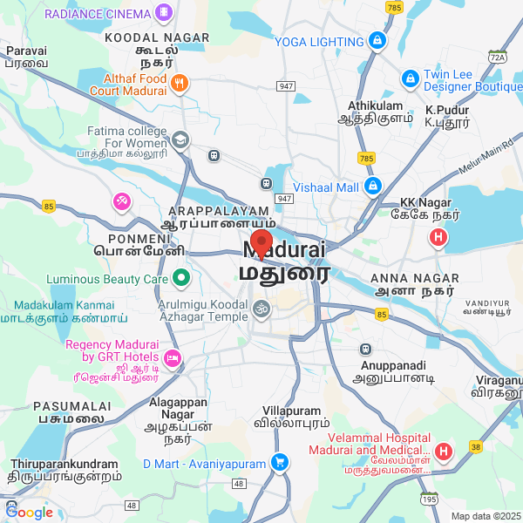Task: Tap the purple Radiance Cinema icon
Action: click(163, 12)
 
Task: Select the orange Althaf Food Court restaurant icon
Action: click(180, 84)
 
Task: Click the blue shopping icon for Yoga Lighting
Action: click(377, 40)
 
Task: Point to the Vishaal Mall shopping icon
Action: click(372, 187)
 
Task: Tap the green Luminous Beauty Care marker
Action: click(181, 279)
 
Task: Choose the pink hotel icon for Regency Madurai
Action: click(173, 357)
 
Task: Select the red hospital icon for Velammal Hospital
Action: click(444, 451)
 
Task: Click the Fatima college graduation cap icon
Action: click(180, 138)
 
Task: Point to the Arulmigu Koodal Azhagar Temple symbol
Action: click(260, 308)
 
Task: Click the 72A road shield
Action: click(498, 58)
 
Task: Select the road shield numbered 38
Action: click(475, 445)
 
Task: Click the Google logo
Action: click(29, 512)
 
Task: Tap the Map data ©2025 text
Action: click(485, 516)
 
